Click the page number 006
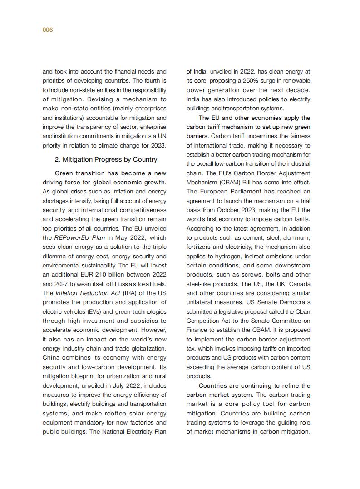point(48,30)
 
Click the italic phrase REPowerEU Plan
point(79,237)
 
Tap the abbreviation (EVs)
point(96,311)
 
